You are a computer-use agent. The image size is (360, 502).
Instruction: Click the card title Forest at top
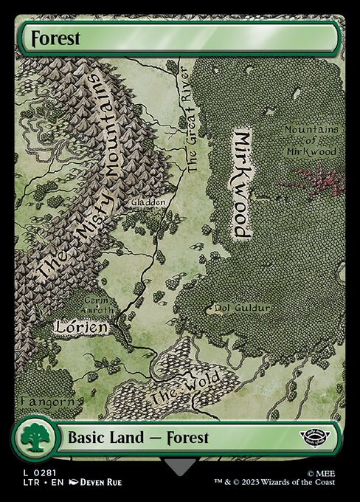coord(51,38)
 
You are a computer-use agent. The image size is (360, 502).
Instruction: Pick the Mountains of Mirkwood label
coord(312,140)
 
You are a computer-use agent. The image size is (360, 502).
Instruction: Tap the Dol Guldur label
coord(241,307)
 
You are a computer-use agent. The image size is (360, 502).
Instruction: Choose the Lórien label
coord(81,326)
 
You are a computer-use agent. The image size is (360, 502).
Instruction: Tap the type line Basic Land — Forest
coord(138,438)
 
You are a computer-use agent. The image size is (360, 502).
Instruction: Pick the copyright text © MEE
coord(327,470)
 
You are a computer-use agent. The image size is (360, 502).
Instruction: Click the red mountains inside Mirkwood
coord(318,181)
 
